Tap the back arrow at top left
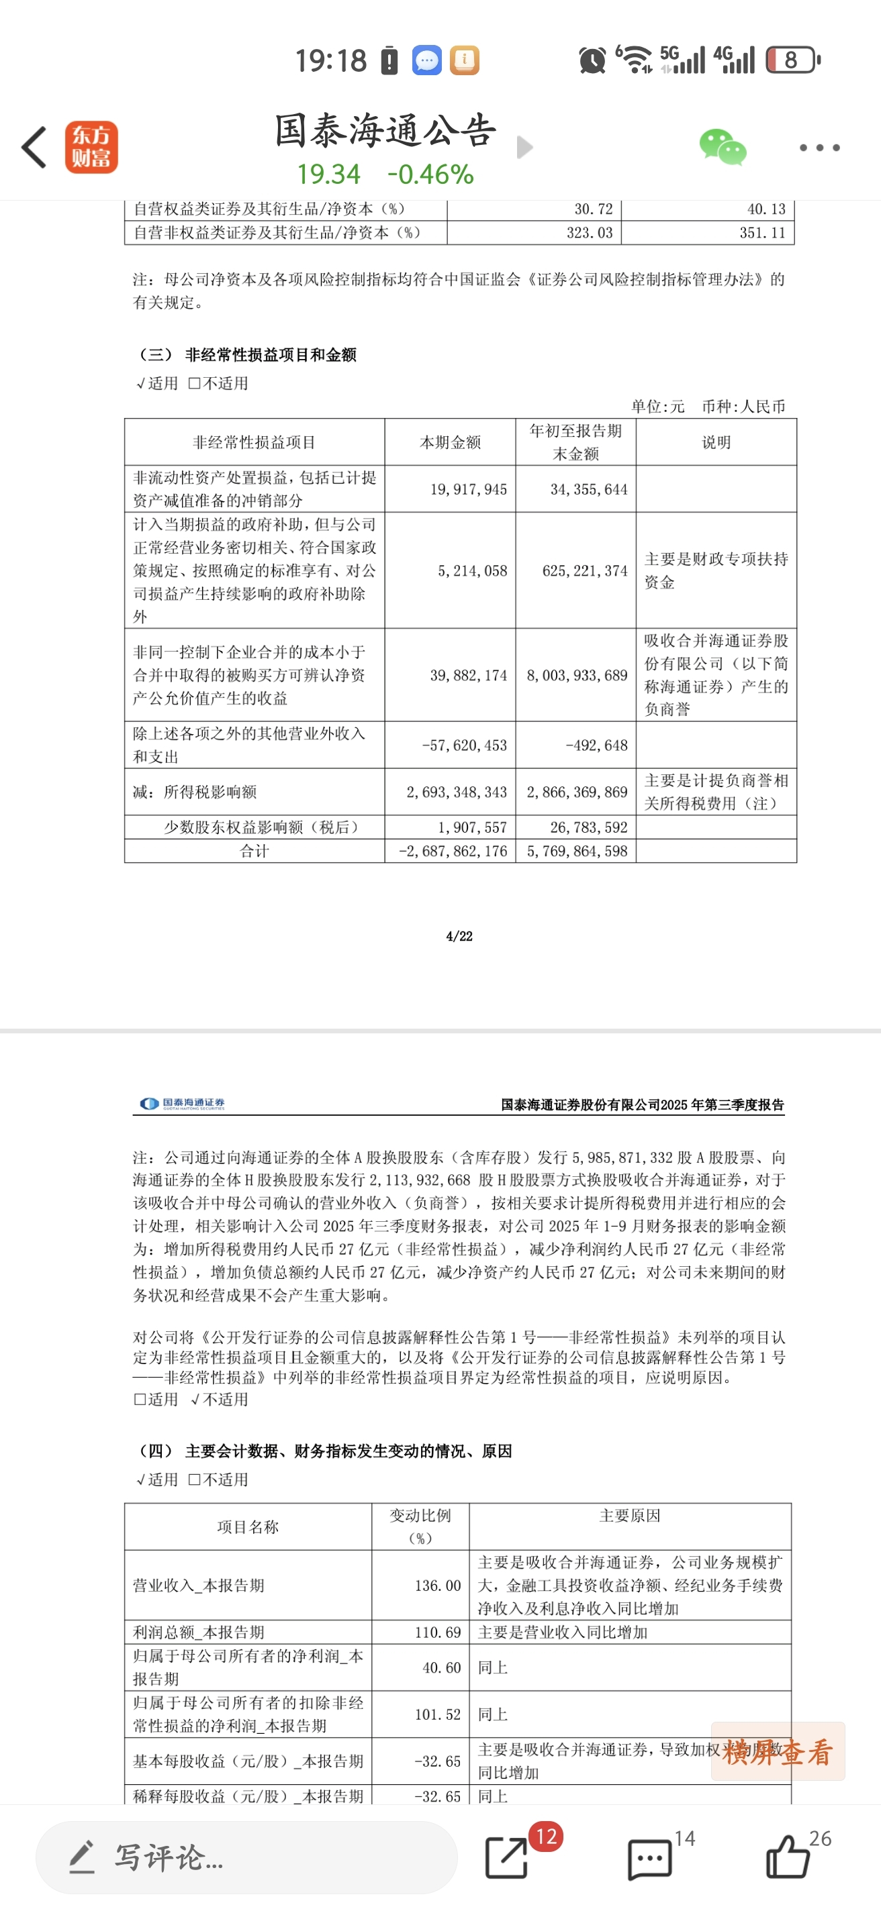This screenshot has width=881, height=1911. [x=34, y=147]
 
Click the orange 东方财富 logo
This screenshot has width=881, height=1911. [x=91, y=147]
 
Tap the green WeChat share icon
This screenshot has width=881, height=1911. [x=722, y=147]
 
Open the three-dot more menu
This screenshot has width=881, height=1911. [x=819, y=148]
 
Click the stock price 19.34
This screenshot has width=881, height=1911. [x=329, y=174]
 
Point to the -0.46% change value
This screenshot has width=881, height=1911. [x=430, y=174]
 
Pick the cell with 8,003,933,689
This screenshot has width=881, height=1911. [x=577, y=675]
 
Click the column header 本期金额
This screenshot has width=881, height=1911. [x=450, y=442]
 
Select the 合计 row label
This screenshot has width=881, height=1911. [x=254, y=851]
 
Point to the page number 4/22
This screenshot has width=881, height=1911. [x=459, y=936]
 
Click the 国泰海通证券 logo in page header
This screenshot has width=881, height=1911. [x=183, y=1104]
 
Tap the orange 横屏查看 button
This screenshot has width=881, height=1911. [x=777, y=1751]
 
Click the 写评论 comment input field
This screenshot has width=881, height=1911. [x=245, y=1857]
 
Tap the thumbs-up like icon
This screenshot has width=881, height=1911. [x=787, y=1857]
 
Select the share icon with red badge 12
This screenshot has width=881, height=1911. [x=507, y=1857]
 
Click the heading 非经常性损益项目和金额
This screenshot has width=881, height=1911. [x=271, y=354]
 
